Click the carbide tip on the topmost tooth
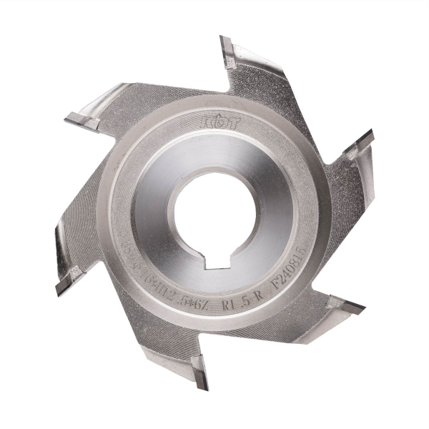pyautogui.click(x=228, y=50)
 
